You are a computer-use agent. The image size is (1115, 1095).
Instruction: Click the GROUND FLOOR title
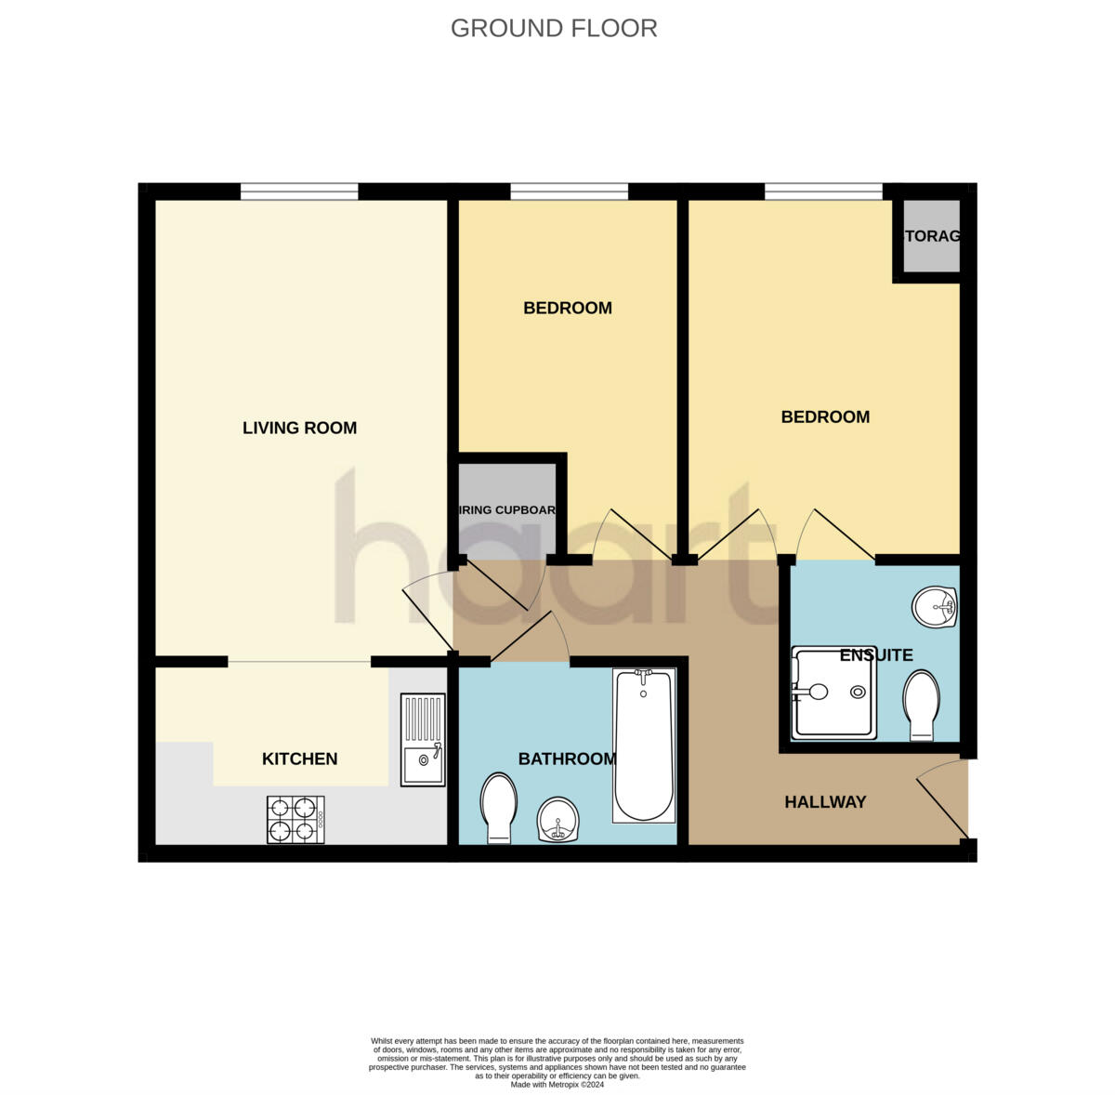coord(554,29)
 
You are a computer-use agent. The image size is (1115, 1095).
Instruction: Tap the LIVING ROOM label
coord(299,428)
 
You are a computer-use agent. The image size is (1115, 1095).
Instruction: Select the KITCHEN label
coord(299,759)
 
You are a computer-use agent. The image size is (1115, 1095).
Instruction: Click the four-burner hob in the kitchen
coord(295,819)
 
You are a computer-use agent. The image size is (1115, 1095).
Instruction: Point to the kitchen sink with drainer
coord(423,740)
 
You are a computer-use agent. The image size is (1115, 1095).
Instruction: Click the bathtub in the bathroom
coord(643,745)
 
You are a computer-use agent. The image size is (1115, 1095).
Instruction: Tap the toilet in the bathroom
coord(499,808)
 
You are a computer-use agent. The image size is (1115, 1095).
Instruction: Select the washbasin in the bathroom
coord(559,819)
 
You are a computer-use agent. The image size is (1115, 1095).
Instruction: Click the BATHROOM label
coord(567,759)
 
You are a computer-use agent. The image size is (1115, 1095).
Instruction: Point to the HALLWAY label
coord(825,801)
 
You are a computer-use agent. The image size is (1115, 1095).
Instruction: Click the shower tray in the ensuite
coord(833,693)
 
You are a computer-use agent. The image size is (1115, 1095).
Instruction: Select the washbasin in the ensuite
coord(934,608)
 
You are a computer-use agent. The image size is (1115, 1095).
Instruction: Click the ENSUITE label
coord(875,655)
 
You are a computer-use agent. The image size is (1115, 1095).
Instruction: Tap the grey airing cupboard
coord(507,509)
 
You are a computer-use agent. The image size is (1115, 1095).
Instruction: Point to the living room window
coord(299,191)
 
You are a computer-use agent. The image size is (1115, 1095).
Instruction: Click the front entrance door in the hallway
coord(943,799)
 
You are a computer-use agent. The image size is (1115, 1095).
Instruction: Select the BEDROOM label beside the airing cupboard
coord(567,308)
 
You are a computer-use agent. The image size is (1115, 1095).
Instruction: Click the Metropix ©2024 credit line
coord(557,1084)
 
